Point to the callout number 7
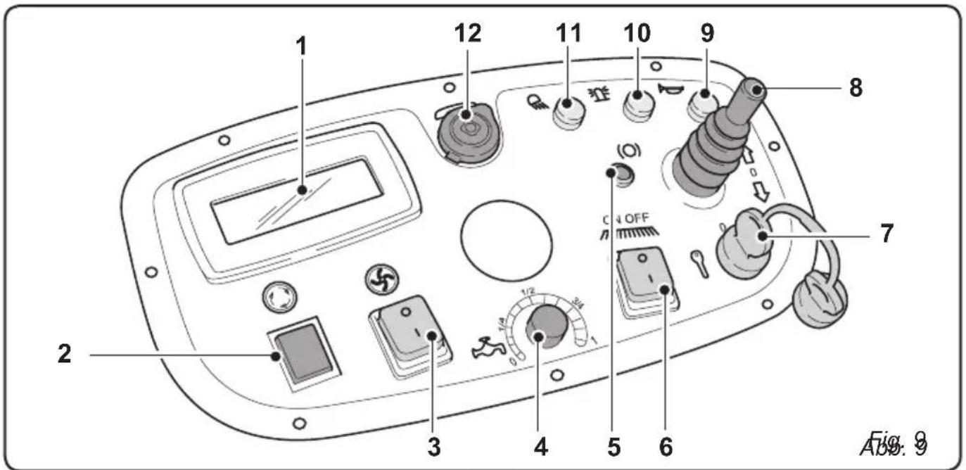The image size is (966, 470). (x=886, y=234)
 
